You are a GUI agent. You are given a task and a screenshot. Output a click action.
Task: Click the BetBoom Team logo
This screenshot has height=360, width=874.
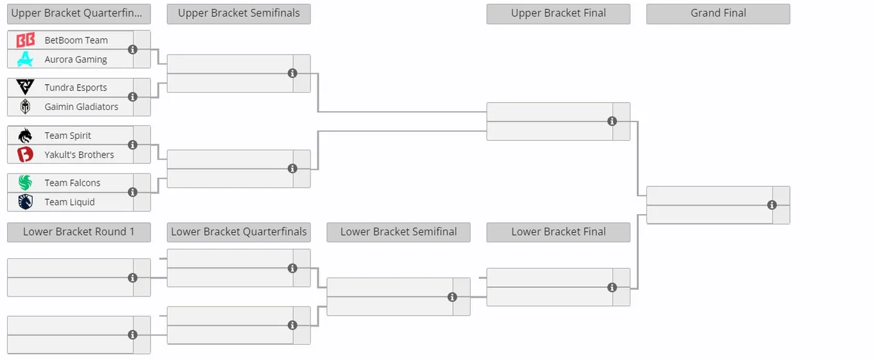coord(25,40)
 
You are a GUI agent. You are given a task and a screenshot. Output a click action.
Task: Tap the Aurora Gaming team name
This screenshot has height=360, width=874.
coord(76,59)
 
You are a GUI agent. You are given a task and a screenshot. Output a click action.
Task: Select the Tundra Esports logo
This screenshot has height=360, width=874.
coord(25,87)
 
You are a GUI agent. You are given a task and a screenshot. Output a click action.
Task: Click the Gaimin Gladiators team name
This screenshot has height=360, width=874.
coord(81,107)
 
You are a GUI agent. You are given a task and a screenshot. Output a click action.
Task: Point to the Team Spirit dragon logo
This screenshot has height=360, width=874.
coord(25,136)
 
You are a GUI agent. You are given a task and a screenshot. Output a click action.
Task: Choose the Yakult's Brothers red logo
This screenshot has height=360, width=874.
coord(25,155)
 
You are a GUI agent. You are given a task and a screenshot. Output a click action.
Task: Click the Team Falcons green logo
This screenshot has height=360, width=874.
coord(25,183)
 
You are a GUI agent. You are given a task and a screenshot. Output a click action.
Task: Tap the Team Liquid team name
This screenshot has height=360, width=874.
coord(69,202)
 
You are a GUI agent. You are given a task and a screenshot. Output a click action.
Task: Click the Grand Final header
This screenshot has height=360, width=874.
coord(718,14)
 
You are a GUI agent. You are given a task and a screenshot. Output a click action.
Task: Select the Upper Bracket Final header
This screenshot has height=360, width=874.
coord(558,14)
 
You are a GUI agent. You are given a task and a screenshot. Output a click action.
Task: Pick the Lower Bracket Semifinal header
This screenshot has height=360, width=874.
coord(398,232)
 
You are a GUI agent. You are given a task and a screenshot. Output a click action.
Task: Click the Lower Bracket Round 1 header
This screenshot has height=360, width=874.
coord(79,232)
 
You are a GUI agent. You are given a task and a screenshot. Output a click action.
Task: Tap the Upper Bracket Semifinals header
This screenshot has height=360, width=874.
coord(239,14)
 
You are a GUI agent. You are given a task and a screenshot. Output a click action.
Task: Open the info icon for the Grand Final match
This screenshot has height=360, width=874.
coord(772,205)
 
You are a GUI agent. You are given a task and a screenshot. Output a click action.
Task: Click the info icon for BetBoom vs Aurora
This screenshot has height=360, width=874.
coord(132,50)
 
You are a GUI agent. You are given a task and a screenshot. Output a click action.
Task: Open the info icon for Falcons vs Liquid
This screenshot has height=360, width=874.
coord(132,192)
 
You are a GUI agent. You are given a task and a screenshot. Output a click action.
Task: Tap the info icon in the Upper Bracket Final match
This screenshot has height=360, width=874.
coord(612,121)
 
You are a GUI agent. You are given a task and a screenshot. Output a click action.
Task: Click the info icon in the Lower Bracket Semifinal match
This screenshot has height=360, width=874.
coord(452,297)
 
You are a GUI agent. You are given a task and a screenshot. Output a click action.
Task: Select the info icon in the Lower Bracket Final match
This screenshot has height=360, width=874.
coord(612,287)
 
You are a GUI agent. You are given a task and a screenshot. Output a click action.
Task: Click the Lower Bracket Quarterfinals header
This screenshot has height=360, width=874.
coord(239,232)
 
